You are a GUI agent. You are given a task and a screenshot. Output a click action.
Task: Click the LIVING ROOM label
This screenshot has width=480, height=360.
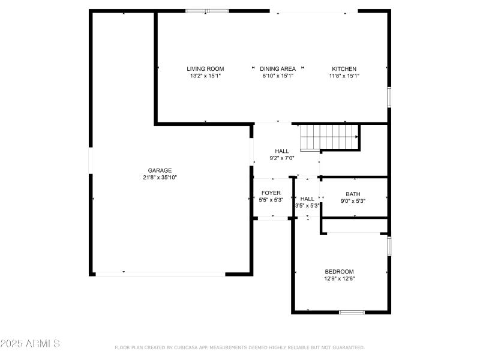[x=205, y=69]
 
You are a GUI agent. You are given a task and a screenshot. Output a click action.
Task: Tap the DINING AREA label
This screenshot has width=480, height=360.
[x=278, y=69]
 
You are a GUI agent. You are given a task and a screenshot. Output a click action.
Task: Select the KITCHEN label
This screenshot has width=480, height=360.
[x=344, y=69]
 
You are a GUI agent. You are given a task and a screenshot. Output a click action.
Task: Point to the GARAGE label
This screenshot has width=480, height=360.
[x=160, y=170]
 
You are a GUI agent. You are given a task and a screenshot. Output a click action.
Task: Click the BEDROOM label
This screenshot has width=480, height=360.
[x=340, y=271]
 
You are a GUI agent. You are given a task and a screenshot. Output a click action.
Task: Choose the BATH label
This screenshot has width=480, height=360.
[x=353, y=194]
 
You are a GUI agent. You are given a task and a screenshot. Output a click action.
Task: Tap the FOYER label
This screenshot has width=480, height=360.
[x=271, y=193]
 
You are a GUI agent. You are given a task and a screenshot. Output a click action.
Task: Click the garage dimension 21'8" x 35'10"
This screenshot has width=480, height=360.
[x=160, y=178]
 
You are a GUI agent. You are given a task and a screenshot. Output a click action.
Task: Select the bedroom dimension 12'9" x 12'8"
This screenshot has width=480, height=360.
[x=340, y=278]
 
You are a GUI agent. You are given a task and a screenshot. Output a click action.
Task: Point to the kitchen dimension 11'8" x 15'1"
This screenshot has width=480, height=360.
[x=344, y=76]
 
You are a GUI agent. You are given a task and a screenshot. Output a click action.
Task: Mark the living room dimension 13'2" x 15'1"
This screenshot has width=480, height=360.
[x=205, y=76]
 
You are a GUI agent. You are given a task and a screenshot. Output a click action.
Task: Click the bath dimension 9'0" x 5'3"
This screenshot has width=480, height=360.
[x=353, y=201]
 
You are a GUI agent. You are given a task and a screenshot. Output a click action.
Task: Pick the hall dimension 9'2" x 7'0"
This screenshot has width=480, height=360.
[x=282, y=158]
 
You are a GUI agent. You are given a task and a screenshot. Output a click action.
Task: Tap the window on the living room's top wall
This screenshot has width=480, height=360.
[x=207, y=11]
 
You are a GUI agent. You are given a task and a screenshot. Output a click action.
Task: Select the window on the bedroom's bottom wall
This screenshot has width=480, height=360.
[x=352, y=312]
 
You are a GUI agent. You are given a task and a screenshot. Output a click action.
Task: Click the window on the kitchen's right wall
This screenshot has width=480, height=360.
[x=389, y=97]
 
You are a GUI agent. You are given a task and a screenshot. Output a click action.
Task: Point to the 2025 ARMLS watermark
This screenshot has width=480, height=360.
[x=30, y=344]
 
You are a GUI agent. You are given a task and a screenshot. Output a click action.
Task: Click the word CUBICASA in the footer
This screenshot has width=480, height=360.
[x=188, y=347]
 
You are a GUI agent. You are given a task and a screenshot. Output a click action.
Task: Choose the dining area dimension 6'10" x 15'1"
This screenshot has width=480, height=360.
[x=278, y=76]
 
